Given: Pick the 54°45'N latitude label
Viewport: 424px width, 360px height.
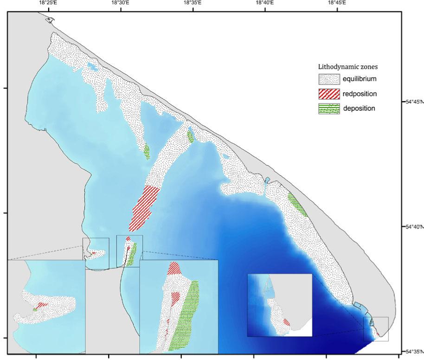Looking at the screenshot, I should coord(413,102).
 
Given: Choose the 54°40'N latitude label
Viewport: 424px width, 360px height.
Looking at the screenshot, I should coord(413,227).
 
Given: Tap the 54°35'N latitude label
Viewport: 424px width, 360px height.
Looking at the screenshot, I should coord(413,351).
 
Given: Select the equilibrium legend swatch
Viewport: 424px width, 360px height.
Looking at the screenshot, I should coord(329,79).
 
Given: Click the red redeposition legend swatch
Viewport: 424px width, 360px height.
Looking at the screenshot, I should coord(329,94).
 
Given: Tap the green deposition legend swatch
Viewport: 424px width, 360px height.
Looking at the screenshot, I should coord(329,109).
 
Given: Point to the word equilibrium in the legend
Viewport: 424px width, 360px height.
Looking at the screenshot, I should coord(360,79).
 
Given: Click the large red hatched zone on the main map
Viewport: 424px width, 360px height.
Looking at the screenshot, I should coord(145,207).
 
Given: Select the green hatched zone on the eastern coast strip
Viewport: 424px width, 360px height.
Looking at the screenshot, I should coord(297,204).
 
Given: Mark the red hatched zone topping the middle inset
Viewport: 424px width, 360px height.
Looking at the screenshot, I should coord(174,267).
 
